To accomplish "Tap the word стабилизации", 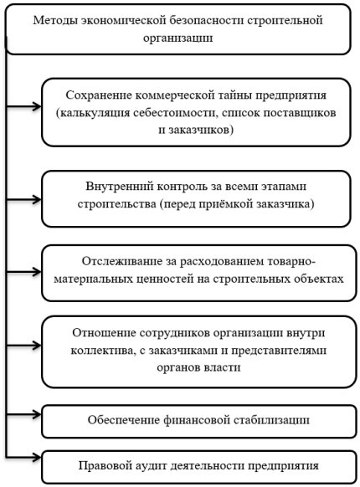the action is click(271, 420).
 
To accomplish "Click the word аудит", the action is click(152, 466).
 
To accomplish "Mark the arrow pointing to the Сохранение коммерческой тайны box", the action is click(23, 107).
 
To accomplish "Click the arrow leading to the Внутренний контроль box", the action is click(23, 199).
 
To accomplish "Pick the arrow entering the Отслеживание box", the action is click(23, 273).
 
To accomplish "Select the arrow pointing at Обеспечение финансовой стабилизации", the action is click(23, 414).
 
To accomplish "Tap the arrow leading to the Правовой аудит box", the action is click(23, 457).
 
